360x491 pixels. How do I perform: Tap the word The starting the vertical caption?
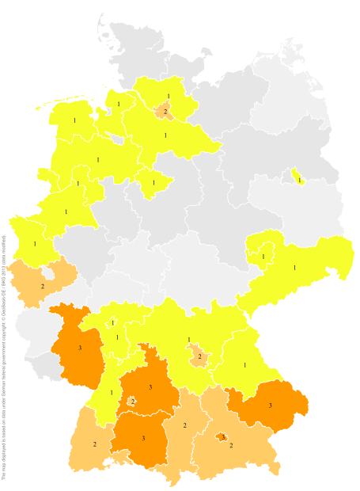pyautogui.click(x=4, y=476)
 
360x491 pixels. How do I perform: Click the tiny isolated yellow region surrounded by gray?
pyautogui.click(x=297, y=177)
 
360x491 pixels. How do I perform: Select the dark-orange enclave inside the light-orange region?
pyautogui.click(x=222, y=436)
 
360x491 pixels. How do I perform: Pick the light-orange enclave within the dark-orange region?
pyautogui.click(x=132, y=402)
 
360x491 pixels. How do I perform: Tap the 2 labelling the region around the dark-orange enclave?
pyautogui.click(x=231, y=446)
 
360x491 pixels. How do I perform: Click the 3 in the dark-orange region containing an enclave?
pyautogui.click(x=150, y=386)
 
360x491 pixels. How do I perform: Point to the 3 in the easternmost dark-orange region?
pyautogui.click(x=270, y=405)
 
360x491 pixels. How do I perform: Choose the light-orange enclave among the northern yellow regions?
pyautogui.click(x=165, y=111)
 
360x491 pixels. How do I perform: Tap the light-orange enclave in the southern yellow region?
pyautogui.click(x=199, y=357)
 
